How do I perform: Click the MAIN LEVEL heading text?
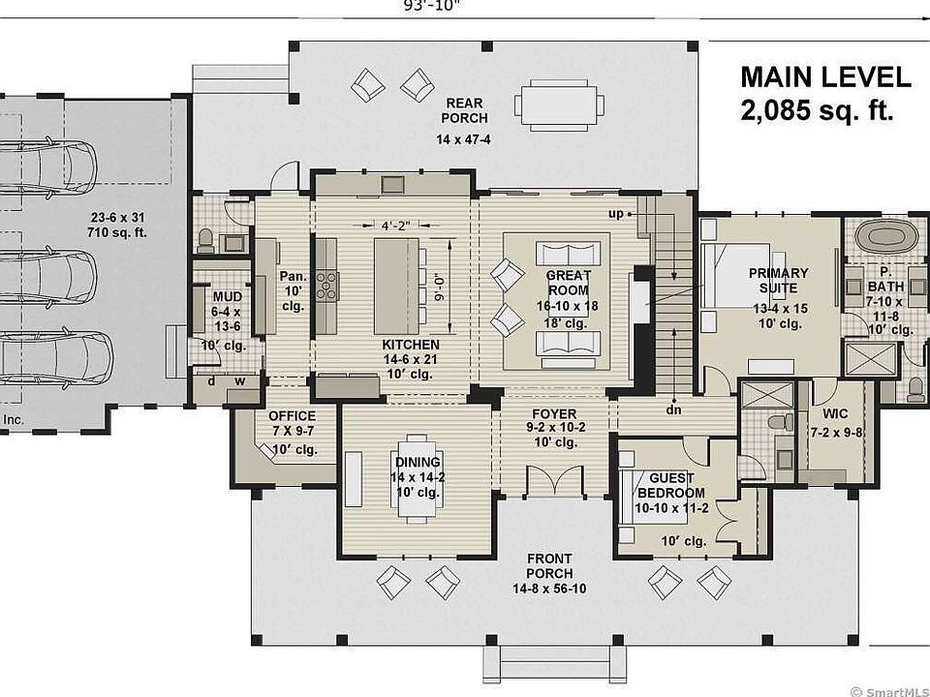pyautogui.click(x=825, y=77)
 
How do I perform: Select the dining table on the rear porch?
pyautogui.click(x=559, y=106)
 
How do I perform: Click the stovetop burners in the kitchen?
pyautogui.click(x=327, y=285)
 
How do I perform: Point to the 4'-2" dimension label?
pyautogui.click(x=395, y=226)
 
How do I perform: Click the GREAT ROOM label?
pyautogui.click(x=569, y=283)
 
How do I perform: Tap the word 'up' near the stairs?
pyautogui.click(x=616, y=213)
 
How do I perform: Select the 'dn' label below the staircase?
pyautogui.click(x=673, y=409)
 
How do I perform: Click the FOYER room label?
pyautogui.click(x=554, y=413)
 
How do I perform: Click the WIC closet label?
pyautogui.click(x=835, y=413)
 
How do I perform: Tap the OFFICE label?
pyautogui.click(x=292, y=416)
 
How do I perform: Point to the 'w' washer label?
pyautogui.click(x=239, y=381)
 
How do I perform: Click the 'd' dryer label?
pyautogui.click(x=211, y=381)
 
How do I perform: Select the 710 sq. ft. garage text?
pyautogui.click(x=117, y=232)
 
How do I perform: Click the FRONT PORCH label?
pyautogui.click(x=549, y=566)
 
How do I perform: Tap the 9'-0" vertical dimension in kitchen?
pyautogui.click(x=440, y=287)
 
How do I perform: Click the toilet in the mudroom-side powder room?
pyautogui.click(x=205, y=239)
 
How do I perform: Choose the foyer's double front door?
pyautogui.click(x=554, y=481)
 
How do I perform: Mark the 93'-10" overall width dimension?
pyautogui.click(x=431, y=6)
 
